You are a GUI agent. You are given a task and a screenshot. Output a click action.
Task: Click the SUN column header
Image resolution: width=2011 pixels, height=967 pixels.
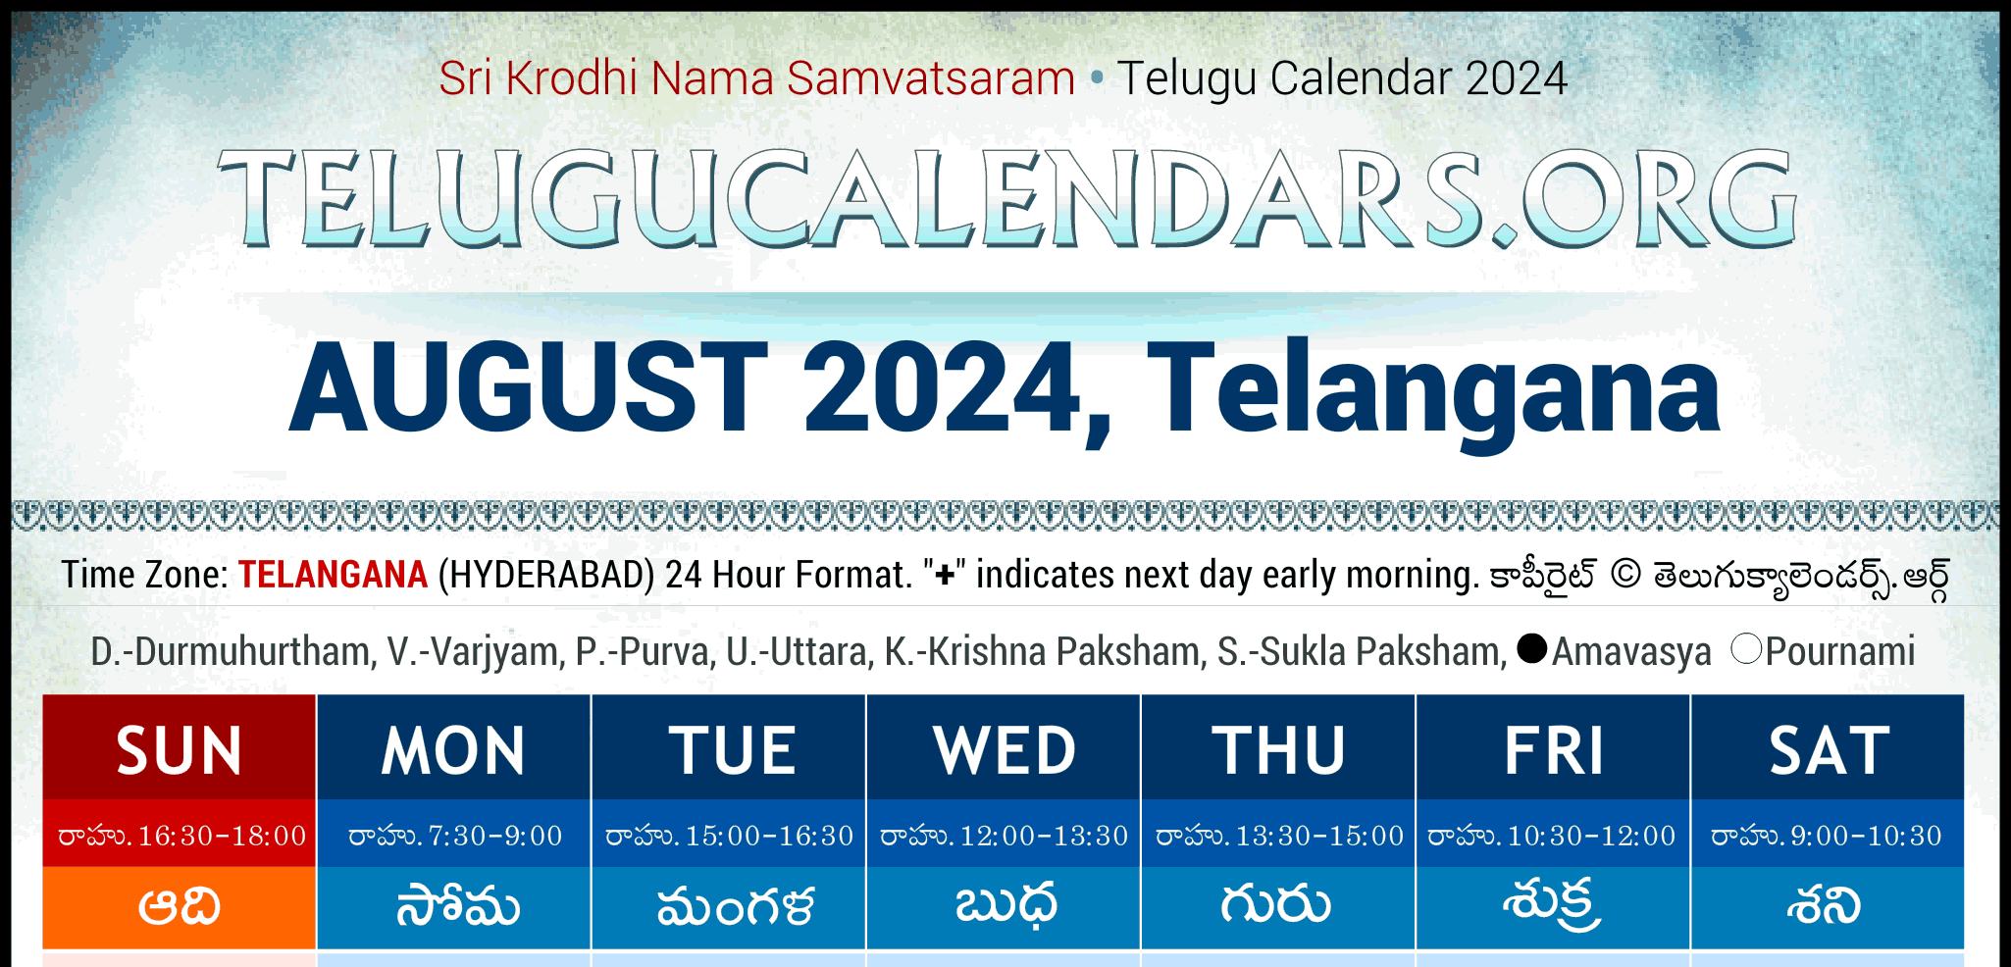click(180, 750)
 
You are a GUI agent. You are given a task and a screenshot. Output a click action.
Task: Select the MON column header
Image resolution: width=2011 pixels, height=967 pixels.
click(454, 750)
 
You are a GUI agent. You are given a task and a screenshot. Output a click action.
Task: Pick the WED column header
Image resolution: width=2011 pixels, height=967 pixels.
click(1004, 750)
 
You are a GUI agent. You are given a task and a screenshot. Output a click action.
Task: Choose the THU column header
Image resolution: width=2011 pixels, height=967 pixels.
click(1278, 750)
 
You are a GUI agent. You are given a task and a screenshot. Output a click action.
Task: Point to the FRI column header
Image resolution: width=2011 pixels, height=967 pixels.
click(1553, 750)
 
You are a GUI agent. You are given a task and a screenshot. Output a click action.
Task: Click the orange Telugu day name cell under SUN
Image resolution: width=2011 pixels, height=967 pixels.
click(180, 907)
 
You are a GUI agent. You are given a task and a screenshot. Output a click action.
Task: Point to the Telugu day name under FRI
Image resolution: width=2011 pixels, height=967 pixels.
click(1552, 905)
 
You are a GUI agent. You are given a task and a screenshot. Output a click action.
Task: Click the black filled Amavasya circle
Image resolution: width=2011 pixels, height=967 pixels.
click(1531, 648)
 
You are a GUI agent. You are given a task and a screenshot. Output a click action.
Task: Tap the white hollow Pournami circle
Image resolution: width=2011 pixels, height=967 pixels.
click(1746, 648)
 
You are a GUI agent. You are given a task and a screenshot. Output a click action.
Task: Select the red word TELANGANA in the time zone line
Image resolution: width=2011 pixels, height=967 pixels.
click(333, 575)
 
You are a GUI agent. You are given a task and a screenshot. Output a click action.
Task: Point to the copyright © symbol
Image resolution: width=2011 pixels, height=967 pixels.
click(1625, 575)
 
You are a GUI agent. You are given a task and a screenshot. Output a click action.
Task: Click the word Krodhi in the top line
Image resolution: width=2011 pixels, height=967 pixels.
click(572, 77)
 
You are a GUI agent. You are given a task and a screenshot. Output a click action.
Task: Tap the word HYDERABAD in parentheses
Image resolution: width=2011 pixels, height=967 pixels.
click(546, 575)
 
